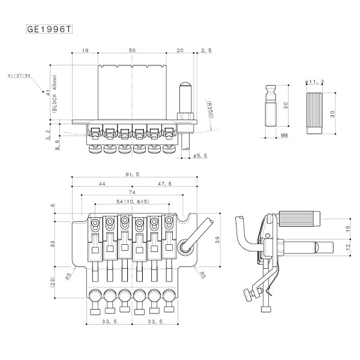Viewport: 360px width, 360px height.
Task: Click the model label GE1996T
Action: pos(50,29)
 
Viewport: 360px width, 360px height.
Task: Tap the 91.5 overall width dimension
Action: pos(133,173)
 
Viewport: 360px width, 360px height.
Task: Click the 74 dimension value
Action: pos(131,193)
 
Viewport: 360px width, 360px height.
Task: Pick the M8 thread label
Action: pos(285,137)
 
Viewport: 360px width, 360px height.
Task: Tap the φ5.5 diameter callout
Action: pos(201,155)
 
